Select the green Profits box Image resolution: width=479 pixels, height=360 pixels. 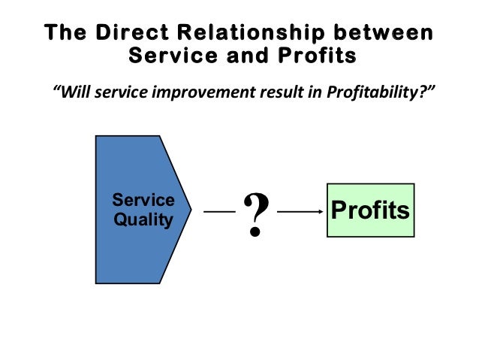click(x=370, y=210)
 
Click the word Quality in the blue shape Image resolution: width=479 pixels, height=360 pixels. click(x=143, y=219)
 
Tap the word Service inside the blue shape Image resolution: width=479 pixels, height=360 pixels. click(x=143, y=201)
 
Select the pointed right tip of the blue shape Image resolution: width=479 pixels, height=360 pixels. click(x=191, y=210)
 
